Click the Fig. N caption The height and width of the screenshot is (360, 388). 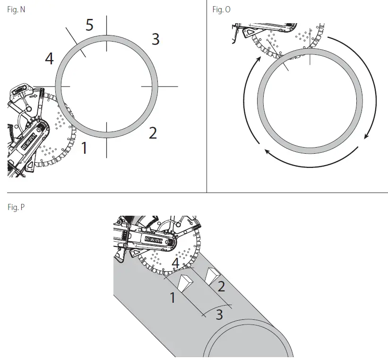(x=17, y=9)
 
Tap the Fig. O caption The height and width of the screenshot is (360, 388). (x=221, y=9)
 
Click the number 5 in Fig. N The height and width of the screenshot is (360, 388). (x=90, y=25)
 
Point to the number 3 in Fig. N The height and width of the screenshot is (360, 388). (x=155, y=39)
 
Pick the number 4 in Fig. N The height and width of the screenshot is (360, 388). (x=49, y=59)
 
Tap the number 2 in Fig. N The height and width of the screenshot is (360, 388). (x=153, y=133)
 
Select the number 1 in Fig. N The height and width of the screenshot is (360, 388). (x=85, y=148)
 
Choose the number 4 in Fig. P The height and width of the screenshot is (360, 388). (x=175, y=263)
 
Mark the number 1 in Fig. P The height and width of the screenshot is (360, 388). (x=173, y=298)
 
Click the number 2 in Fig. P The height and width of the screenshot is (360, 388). (x=221, y=285)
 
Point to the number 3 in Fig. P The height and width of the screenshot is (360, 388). (x=219, y=314)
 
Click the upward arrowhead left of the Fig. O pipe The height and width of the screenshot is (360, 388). (x=259, y=60)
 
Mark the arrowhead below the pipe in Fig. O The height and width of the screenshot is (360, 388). (x=267, y=152)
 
